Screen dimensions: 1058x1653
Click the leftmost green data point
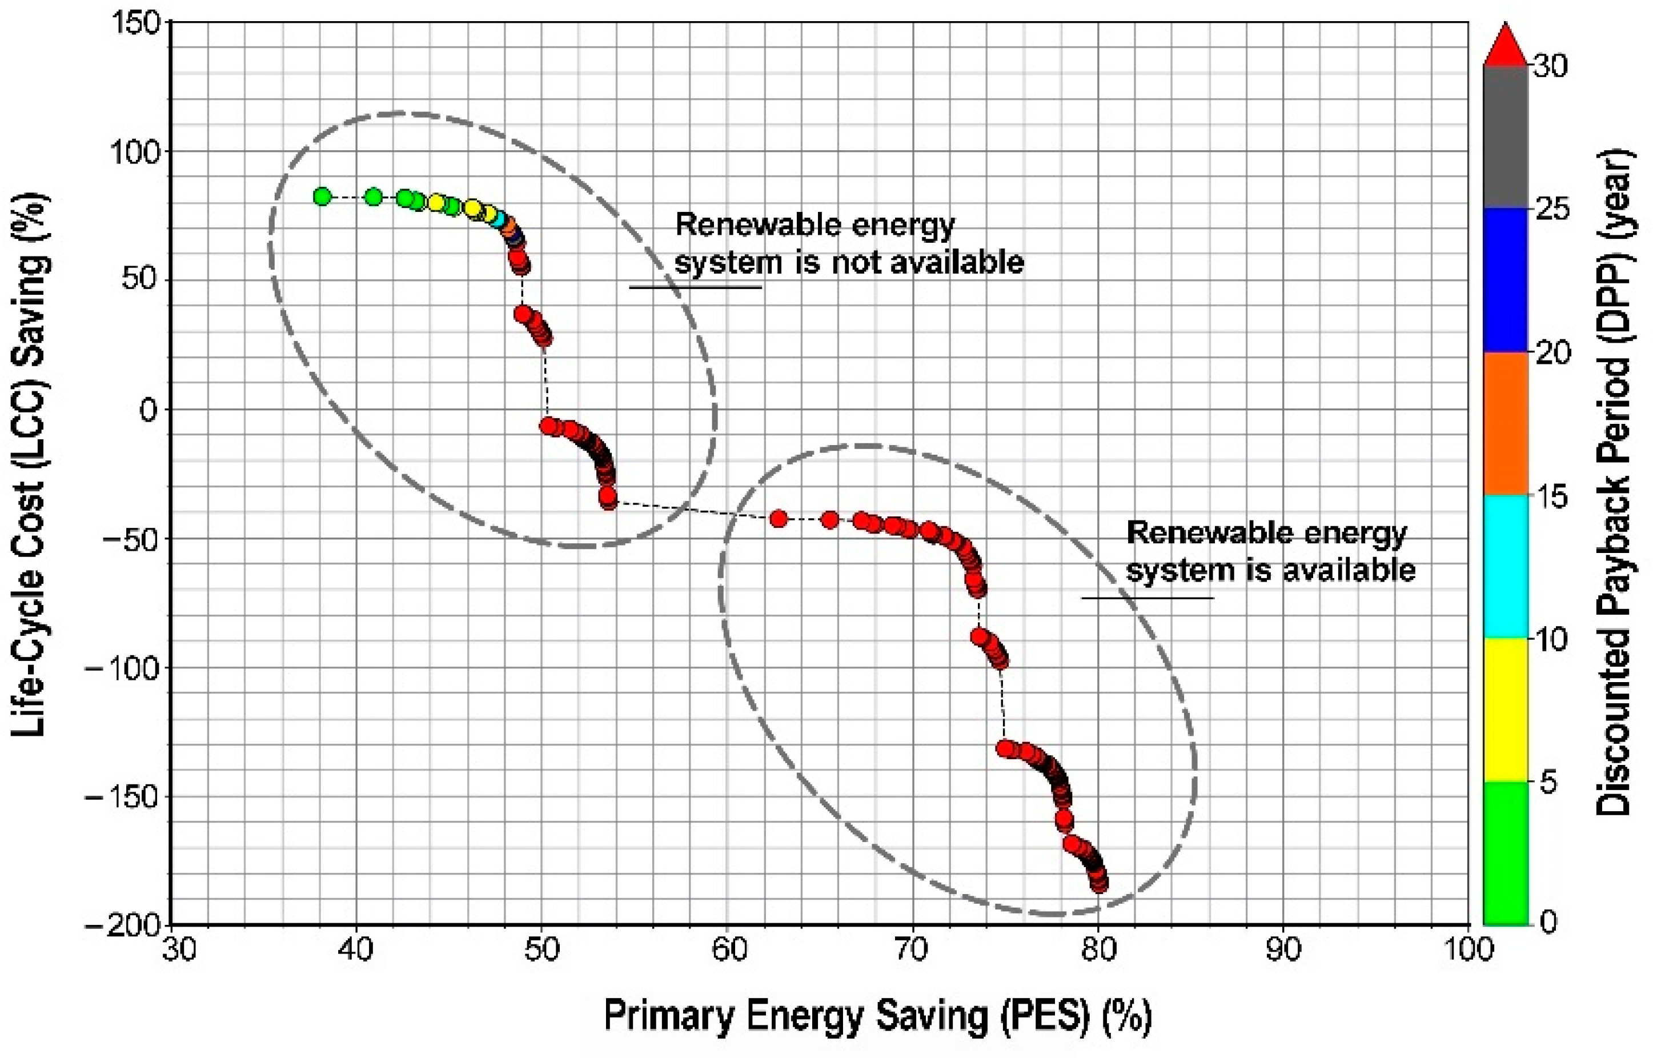pos(322,197)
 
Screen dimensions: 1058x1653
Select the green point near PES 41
pos(373,197)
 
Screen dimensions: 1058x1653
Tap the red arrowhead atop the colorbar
pos(1504,45)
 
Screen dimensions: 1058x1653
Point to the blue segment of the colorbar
pos(1505,280)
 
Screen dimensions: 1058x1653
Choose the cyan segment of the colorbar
pos(1505,566)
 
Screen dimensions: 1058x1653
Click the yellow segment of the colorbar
pos(1505,709)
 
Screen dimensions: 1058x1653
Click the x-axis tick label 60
pos(727,950)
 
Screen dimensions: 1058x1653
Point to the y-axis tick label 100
pos(135,153)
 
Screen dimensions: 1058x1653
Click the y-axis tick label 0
pos(149,411)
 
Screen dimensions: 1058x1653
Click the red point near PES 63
pos(778,519)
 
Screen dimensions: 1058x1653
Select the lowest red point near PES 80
pos(1099,884)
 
